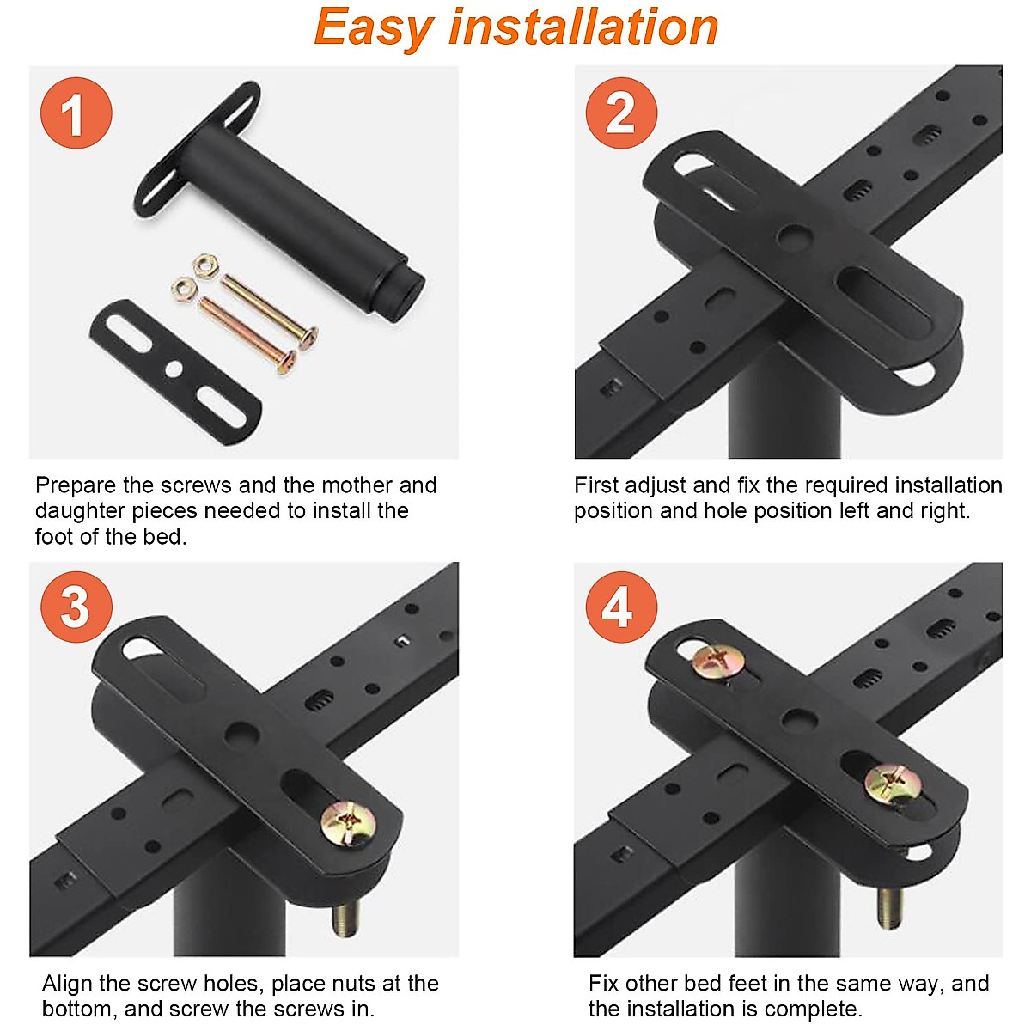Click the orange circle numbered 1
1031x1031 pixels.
point(76,113)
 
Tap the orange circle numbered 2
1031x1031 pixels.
point(621,113)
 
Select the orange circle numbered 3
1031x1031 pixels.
point(76,607)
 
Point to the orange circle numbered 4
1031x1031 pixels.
point(621,607)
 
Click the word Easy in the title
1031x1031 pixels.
point(374,27)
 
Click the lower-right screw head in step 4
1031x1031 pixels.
point(893,785)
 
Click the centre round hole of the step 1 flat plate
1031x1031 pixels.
point(174,369)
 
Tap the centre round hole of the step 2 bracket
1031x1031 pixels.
point(795,235)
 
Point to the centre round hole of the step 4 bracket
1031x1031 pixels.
point(799,720)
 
